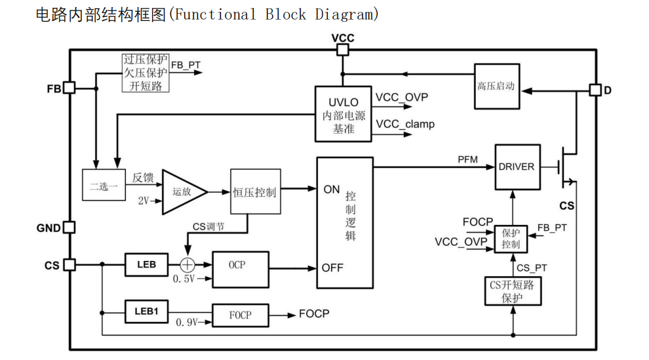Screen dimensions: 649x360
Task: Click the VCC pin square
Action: click(342, 50)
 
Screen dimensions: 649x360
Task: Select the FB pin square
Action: click(69, 88)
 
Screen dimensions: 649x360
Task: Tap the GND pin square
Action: click(69, 227)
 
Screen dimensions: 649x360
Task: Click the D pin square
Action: click(595, 90)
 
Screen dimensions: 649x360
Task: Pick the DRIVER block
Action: click(517, 167)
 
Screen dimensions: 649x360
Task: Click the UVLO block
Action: click(343, 114)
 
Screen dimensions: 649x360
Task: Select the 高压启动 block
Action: click(497, 86)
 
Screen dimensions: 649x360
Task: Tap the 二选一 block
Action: click(104, 185)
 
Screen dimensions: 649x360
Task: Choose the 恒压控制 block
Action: click(256, 191)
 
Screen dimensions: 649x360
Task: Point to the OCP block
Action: click(241, 270)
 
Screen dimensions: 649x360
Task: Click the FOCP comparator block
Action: click(241, 315)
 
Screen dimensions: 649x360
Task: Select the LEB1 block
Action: click(147, 311)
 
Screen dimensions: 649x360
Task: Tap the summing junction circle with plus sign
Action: click(187, 265)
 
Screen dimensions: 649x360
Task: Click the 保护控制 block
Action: click(511, 239)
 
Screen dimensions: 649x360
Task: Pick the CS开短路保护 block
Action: click(513, 291)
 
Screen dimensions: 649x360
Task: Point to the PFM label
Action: click(467, 160)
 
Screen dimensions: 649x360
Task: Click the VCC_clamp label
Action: click(405, 124)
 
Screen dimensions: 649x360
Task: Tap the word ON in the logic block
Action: click(332, 190)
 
